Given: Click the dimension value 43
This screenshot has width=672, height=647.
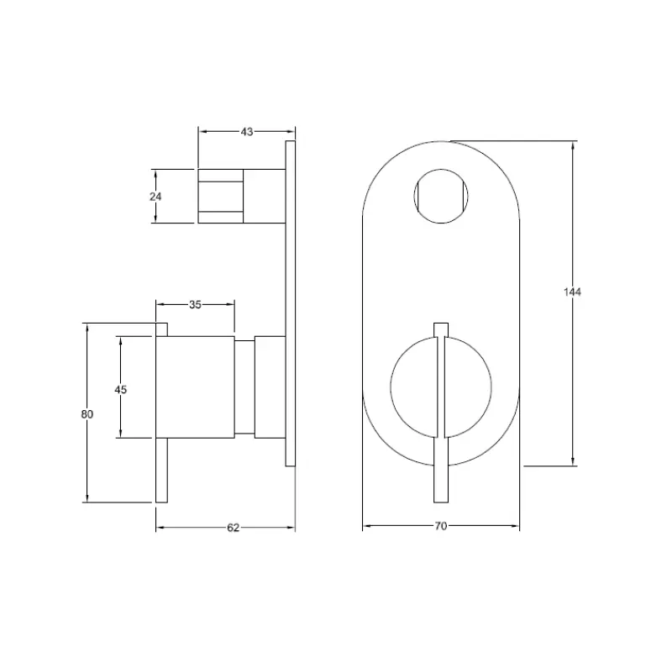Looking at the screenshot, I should (x=246, y=131).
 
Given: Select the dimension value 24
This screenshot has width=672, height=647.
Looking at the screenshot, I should (x=155, y=196).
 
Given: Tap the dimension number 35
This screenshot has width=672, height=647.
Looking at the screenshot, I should (x=195, y=305).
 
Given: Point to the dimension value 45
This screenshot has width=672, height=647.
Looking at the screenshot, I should (x=121, y=389).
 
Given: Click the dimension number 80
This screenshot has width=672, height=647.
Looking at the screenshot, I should (x=87, y=413).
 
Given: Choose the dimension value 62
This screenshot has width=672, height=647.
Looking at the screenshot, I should (x=234, y=528).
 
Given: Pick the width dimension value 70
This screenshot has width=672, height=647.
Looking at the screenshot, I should (x=440, y=527).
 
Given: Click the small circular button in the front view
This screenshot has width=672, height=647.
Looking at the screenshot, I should (x=440, y=197).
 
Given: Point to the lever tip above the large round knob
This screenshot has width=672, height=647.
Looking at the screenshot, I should (x=440, y=329).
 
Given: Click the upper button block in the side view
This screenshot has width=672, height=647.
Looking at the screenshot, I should (x=222, y=196).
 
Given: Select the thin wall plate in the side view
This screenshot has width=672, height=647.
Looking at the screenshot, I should (x=291, y=302).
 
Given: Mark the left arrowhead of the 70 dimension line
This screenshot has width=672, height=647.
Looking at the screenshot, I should (x=366, y=528).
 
